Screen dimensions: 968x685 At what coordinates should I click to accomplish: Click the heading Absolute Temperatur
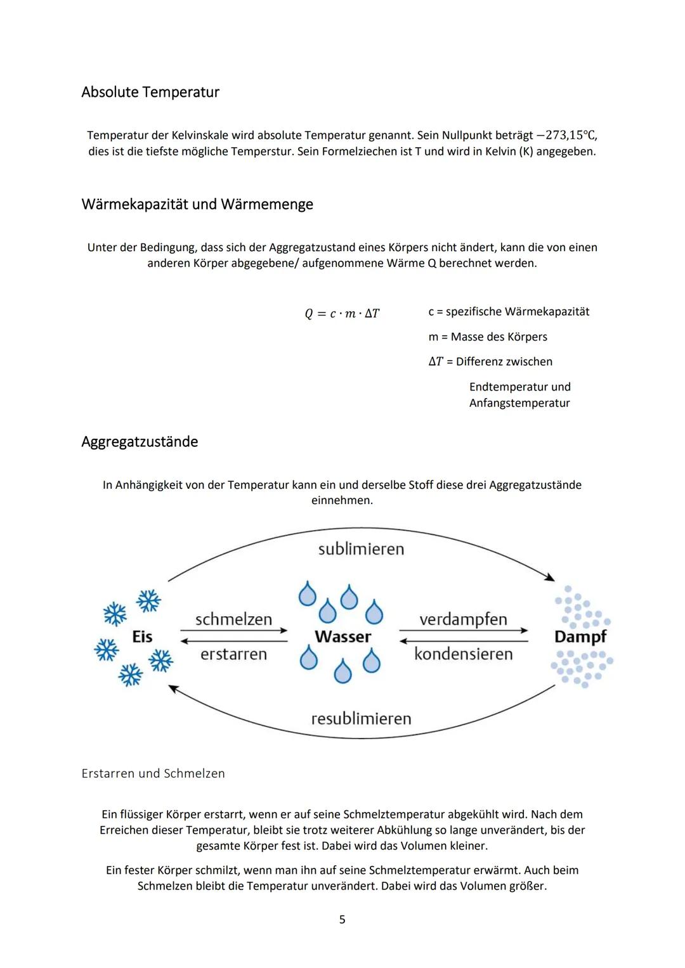point(150,93)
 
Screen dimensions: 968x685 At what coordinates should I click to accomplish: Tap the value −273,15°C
point(567,136)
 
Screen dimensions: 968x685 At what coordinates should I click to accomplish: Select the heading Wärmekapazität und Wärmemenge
point(197,205)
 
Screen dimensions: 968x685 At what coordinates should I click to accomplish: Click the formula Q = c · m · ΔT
point(342,314)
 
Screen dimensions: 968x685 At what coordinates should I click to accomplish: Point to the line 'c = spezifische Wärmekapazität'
point(509,312)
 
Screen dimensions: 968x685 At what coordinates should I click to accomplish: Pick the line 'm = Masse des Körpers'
point(488,337)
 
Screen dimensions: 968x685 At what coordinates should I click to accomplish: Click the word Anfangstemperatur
point(519,403)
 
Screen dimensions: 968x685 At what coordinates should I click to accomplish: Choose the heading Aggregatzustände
point(140,442)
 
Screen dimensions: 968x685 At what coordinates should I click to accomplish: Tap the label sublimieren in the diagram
point(361,549)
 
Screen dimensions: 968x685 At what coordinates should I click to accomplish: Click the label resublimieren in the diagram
point(361,719)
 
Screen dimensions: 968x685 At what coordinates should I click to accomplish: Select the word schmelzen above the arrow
point(233,619)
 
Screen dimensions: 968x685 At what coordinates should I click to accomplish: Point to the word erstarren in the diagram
point(233,654)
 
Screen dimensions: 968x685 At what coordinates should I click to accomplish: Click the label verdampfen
point(463,619)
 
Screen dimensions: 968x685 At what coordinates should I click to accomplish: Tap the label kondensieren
point(463,654)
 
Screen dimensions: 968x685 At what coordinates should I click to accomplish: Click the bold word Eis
point(142,636)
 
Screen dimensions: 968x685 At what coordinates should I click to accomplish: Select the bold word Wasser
point(342,636)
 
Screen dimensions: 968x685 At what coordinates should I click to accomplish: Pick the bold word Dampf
point(580,636)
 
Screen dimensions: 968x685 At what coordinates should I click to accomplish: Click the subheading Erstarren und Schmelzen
point(153,774)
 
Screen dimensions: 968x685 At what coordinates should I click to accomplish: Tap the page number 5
point(342,920)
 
